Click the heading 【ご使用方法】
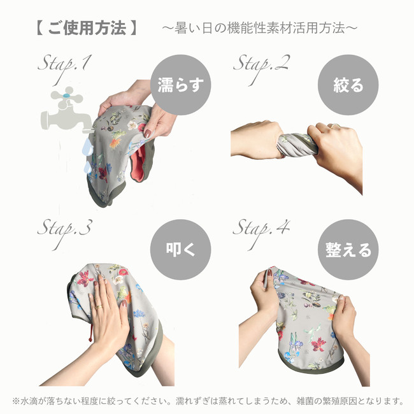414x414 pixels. pos(87,28)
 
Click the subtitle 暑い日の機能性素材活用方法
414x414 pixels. pos(260,28)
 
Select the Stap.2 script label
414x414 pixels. pos(261,69)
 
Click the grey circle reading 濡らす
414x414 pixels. pos(181,85)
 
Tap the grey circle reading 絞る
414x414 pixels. pos(348,85)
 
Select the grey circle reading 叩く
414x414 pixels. pos(181,250)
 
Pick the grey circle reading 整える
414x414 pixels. pos(348,250)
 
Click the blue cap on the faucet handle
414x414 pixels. pos(67,95)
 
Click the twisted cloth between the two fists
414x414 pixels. pos(296,144)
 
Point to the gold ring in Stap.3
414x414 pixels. pos(99,307)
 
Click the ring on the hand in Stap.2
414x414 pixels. pos(335,126)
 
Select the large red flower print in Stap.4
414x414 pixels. pos(318,344)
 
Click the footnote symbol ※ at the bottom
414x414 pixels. pos(17,401)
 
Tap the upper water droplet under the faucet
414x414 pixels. pos(88,147)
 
